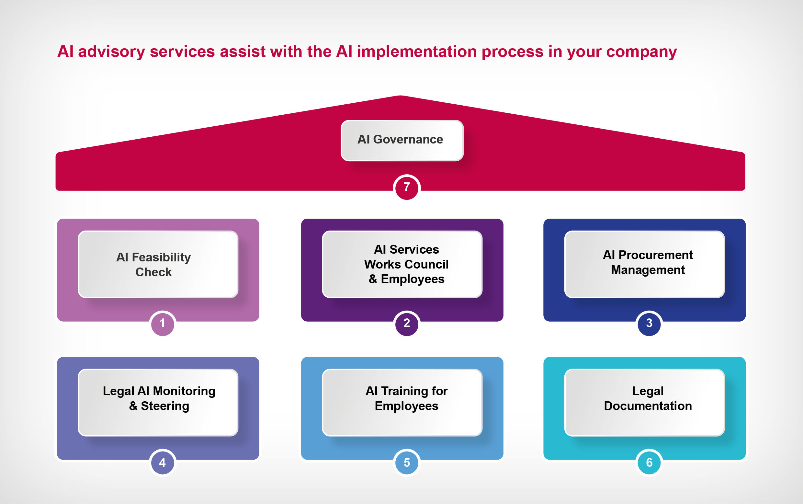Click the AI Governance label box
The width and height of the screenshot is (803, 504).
[x=402, y=140]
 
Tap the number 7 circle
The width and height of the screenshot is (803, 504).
[x=406, y=188]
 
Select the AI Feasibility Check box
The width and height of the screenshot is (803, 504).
[x=158, y=264]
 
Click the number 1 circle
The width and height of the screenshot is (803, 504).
[x=163, y=323]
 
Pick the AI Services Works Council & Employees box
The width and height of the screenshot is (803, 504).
[x=402, y=264]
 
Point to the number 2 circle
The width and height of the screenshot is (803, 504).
[x=406, y=323]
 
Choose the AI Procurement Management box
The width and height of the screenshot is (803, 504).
[x=644, y=264]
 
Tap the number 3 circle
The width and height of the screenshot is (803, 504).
[x=649, y=323]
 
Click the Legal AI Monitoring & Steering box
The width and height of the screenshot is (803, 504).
[x=158, y=402]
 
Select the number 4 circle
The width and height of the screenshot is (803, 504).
[x=163, y=462]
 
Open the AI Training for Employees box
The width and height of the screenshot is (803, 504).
[x=402, y=402]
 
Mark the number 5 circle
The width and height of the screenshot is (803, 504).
[x=406, y=462]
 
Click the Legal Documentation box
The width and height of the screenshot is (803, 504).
[x=644, y=402]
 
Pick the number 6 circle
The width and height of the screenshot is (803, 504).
[x=649, y=462]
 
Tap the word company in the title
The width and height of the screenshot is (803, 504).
[x=641, y=52]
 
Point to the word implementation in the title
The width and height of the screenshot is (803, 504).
[x=417, y=52]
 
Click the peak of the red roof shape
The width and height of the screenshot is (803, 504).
[x=401, y=97]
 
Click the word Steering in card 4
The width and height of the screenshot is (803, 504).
[x=165, y=406]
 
